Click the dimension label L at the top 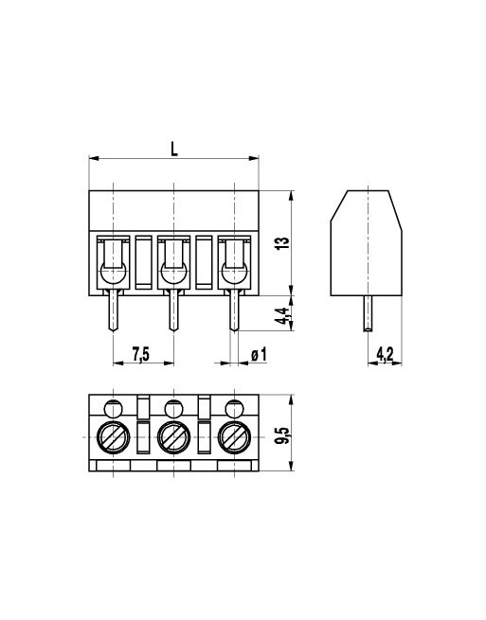173,148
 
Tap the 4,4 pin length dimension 280,315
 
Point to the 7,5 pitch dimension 140,354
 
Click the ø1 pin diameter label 256,354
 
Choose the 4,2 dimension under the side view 385,354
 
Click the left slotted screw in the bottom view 113,438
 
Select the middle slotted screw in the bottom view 172,438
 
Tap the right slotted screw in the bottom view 233,438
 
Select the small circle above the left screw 113,409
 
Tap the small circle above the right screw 233,409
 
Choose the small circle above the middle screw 172,409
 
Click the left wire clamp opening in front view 113,261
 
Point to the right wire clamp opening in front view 233,261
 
